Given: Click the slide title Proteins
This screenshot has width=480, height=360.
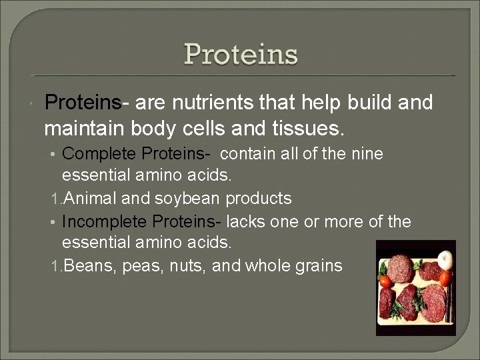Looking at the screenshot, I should tap(241, 54).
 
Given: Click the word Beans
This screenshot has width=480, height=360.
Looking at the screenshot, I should tap(83, 266).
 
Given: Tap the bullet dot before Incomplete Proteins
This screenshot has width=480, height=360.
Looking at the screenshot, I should tap(55, 221).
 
